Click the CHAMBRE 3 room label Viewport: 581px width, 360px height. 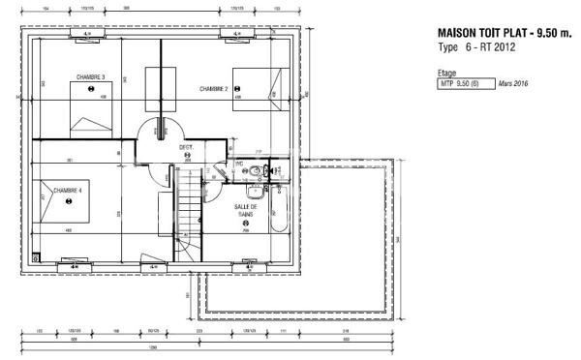pos(91,76)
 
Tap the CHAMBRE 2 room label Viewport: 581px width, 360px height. pos(214,88)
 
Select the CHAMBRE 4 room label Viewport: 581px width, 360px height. pos(68,191)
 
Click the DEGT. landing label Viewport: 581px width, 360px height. pos(187,147)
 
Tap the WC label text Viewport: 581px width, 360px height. pos(239,164)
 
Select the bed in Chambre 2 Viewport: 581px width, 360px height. pos(256,90)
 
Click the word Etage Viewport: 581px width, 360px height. pos(448,73)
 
